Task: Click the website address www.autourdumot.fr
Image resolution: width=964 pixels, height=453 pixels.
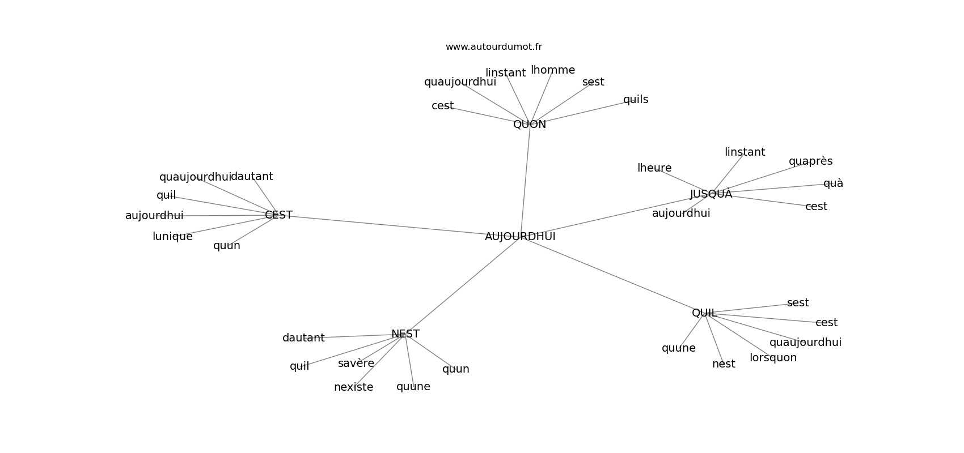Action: (493, 47)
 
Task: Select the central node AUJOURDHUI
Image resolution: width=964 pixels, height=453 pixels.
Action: (520, 237)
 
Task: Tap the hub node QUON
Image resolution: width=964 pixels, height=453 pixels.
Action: (530, 125)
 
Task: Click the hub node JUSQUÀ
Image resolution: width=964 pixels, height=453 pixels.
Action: (711, 194)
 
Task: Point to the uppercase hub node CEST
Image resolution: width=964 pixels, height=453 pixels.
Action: (278, 215)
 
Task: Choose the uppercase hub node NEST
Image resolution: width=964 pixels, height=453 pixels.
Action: (405, 334)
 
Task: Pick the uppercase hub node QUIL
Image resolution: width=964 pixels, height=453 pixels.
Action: (704, 313)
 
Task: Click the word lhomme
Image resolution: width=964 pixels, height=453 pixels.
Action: (553, 70)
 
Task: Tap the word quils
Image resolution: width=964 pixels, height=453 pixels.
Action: (636, 100)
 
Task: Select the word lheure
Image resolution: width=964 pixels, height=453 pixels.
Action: (654, 168)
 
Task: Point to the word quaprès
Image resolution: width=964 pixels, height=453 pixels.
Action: (810, 161)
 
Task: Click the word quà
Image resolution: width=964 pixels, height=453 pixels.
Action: (833, 183)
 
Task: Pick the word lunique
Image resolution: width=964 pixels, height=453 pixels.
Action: (172, 237)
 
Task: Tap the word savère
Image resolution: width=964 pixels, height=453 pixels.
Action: (356, 364)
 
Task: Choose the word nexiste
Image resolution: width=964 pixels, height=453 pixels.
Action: (353, 387)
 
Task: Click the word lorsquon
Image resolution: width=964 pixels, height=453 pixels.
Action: (773, 358)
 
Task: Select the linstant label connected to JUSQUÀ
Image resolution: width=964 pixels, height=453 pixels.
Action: (745, 152)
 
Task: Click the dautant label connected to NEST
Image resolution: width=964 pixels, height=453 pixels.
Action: (303, 338)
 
